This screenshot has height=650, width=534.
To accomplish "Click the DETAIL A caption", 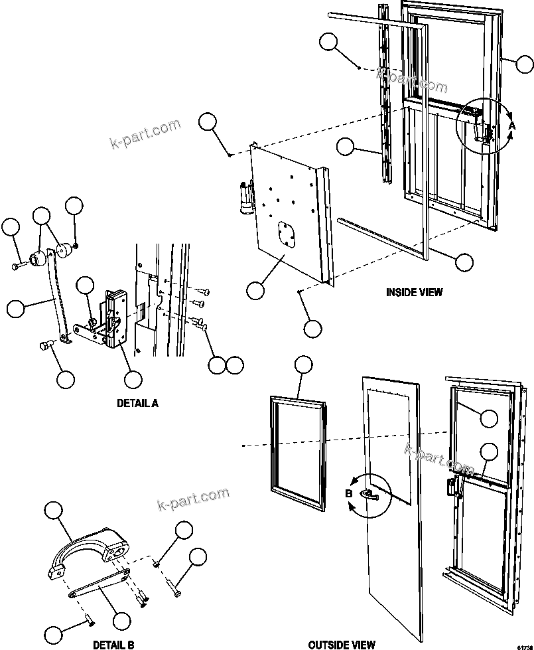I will pyautogui.click(x=137, y=402).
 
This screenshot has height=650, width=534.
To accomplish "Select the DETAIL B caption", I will pyautogui.click(x=113, y=644).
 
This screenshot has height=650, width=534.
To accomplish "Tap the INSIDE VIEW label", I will pyautogui.click(x=414, y=291).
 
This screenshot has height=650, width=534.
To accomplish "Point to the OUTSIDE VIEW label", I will pyautogui.click(x=342, y=644).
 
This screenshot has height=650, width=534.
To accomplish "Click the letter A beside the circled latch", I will pyautogui.click(x=511, y=125).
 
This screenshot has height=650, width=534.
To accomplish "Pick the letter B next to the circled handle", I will pyautogui.click(x=348, y=493).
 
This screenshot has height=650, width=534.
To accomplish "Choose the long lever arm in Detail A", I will pyautogui.click(x=57, y=295).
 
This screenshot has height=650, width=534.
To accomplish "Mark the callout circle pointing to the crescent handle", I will pyautogui.click(x=54, y=511).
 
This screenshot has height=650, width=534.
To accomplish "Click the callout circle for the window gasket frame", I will pyautogui.click(x=303, y=365).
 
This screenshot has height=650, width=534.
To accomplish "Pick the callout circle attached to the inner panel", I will pyautogui.click(x=255, y=289).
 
